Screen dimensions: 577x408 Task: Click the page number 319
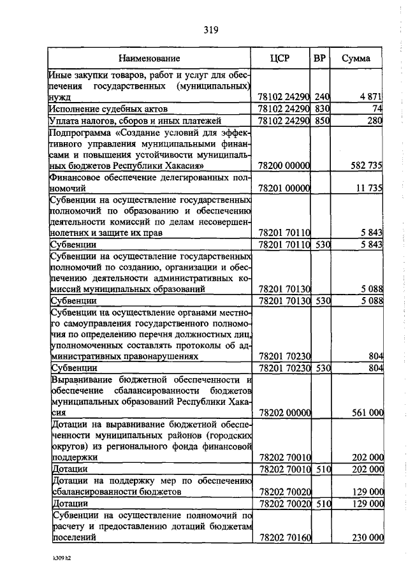tap(212, 29)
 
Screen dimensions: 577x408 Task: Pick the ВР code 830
tap(321, 108)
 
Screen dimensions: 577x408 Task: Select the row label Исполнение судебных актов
tap(103, 108)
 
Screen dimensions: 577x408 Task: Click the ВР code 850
tap(321, 121)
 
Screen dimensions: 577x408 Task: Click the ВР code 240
tap(321, 96)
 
